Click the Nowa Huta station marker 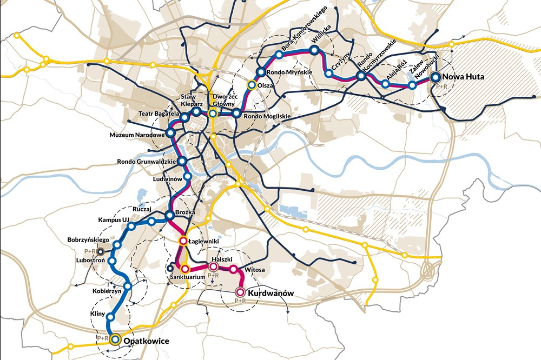(436, 77)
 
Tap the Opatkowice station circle (115, 340)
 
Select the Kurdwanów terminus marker (240, 292)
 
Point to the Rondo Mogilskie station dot (236, 114)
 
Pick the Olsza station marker (251, 85)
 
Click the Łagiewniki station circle (183, 241)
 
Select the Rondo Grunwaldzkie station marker (182, 161)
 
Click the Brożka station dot (170, 215)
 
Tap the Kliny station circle (110, 317)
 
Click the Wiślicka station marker (314, 50)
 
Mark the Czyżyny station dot (328, 73)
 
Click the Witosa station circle (234, 269)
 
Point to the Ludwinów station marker (188, 176)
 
